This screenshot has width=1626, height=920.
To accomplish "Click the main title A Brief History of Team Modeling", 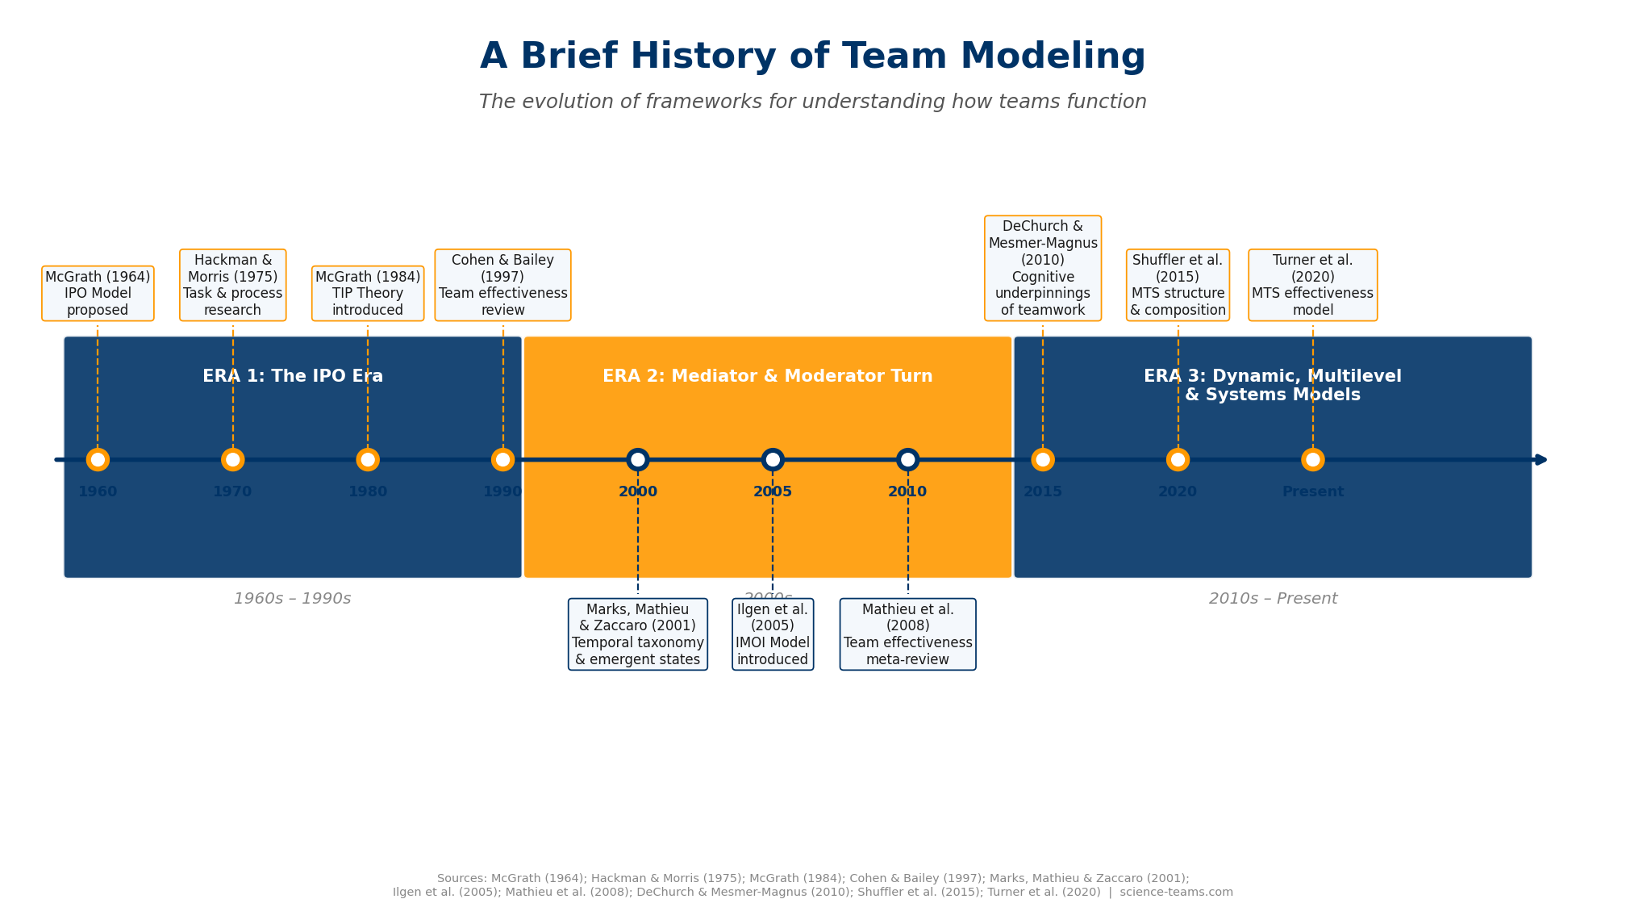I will click(x=812, y=57).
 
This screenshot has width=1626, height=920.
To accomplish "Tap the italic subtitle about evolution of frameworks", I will click(x=812, y=102).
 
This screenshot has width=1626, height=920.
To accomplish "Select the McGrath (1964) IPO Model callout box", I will click(x=98, y=294).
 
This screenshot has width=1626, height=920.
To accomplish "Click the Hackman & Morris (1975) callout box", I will click(x=232, y=285).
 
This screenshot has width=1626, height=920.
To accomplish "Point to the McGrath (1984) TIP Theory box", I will click(x=368, y=294).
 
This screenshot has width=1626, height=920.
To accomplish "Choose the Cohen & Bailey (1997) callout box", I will click(x=502, y=285).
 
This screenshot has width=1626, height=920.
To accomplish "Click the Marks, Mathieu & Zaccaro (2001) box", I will click(x=637, y=634).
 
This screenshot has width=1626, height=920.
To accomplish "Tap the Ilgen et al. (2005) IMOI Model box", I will click(x=773, y=634).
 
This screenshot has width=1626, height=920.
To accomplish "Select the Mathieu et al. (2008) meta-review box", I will click(x=907, y=634).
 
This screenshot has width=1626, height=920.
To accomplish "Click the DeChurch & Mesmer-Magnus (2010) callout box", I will click(x=1042, y=268).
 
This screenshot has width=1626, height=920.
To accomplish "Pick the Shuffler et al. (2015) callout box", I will click(x=1178, y=285).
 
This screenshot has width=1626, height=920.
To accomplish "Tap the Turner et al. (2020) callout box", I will click(x=1312, y=285).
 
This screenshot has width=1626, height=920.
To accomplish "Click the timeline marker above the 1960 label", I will click(x=98, y=460).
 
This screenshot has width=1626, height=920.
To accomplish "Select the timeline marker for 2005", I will click(x=773, y=460).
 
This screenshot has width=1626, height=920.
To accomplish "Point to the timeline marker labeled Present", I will click(x=1312, y=460).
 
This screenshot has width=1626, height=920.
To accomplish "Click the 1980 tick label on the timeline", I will click(x=368, y=492).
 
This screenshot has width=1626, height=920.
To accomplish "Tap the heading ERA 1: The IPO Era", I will click(x=293, y=377).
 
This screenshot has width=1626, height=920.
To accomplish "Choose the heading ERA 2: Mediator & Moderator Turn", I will click(x=767, y=377).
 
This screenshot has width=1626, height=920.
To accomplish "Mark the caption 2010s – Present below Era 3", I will click(x=1273, y=599).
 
